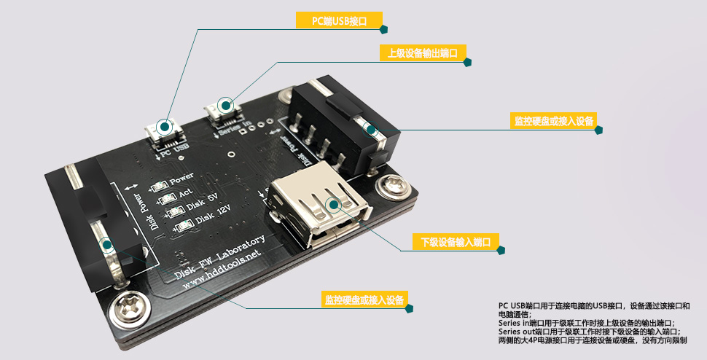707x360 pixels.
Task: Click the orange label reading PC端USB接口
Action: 339,21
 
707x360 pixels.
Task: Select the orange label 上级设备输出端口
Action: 423,53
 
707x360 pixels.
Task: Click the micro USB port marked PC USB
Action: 165,130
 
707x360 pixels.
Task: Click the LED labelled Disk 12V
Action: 179,227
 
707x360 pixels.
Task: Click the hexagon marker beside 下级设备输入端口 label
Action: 501,250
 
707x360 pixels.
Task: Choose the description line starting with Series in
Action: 587,322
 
